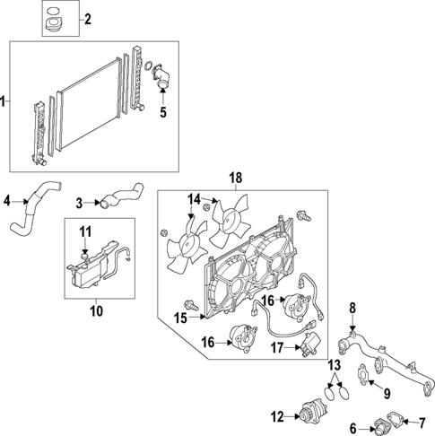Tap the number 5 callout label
coord(163,113)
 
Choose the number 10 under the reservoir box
coord(96,311)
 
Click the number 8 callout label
coord(352,308)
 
